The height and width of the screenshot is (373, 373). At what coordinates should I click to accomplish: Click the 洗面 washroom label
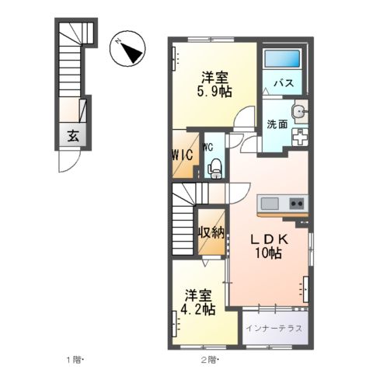click(x=278, y=124)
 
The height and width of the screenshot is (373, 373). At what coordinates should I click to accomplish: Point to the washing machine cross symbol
click(x=300, y=135)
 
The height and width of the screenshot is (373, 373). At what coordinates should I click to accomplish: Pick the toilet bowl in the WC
click(x=215, y=166)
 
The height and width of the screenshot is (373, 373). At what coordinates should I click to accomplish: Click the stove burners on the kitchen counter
click(x=296, y=203)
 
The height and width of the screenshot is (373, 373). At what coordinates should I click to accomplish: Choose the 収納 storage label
click(x=210, y=232)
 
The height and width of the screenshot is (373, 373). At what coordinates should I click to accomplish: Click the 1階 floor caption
click(x=74, y=359)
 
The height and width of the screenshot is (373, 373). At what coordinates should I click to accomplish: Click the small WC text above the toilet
click(x=208, y=145)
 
